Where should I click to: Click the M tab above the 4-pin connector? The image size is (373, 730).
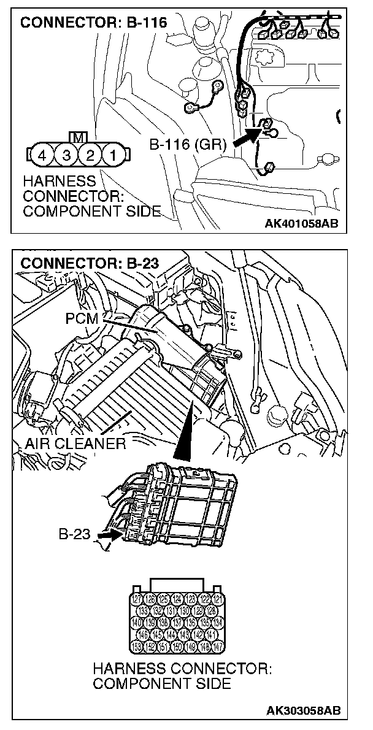click(76, 136)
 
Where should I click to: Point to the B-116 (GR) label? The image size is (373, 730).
click(188, 145)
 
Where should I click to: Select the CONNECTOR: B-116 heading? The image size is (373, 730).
click(94, 23)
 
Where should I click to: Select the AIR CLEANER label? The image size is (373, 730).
click(75, 443)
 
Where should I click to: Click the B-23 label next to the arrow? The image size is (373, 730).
click(74, 534)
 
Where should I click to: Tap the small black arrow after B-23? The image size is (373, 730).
click(104, 535)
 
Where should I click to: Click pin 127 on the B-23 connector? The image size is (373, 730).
click(137, 599)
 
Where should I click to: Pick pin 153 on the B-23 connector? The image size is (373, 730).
click(137, 647)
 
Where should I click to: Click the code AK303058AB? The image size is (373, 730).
click(303, 710)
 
